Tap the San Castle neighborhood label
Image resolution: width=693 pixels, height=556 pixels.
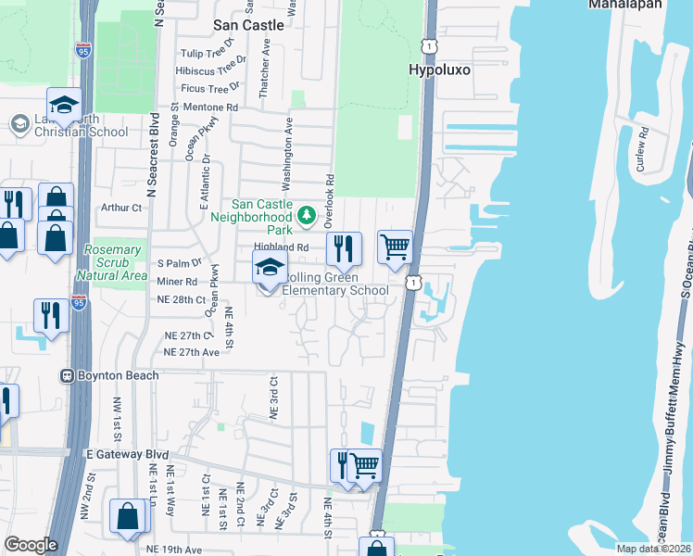[248, 25]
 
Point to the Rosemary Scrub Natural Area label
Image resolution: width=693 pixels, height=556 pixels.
[115, 262]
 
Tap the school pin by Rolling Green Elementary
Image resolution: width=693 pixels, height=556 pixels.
[270, 270]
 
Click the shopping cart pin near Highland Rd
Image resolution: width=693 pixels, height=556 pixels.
[395, 247]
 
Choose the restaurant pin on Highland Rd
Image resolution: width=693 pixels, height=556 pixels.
[343, 247]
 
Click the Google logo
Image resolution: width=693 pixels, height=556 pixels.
[31, 545]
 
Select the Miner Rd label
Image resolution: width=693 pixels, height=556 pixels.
[178, 281]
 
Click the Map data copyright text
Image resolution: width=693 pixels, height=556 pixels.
[653, 549]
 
